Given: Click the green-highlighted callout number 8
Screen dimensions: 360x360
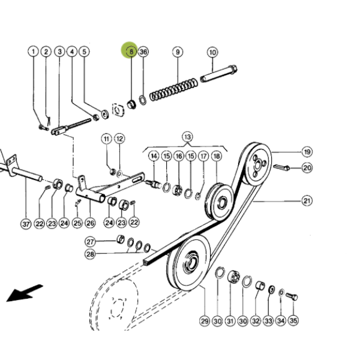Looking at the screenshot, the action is (x=131, y=52).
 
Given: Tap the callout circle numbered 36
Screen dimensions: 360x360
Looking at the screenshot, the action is (x=143, y=52).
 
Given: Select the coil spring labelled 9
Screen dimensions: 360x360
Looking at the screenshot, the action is (x=173, y=89).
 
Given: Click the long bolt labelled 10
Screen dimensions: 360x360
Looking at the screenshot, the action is (x=219, y=74).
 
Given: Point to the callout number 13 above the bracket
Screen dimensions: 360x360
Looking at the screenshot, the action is (x=188, y=137).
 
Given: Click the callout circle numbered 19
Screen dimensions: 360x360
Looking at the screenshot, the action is (x=307, y=152).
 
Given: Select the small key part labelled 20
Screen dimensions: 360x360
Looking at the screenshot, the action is (x=281, y=167).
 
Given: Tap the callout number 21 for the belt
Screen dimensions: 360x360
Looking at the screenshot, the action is (x=307, y=201).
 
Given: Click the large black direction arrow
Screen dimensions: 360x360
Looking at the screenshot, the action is (x=25, y=293).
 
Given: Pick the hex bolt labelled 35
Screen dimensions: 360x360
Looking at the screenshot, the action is (x=292, y=296).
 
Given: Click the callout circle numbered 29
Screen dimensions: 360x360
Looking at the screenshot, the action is (x=205, y=321).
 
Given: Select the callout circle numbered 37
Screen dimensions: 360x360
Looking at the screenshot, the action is (x=26, y=224).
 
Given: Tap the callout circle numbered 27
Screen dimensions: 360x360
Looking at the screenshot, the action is (x=90, y=242).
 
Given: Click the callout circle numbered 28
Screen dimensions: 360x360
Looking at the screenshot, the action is (x=90, y=254).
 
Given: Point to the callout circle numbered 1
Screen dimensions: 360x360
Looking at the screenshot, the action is (x=34, y=52).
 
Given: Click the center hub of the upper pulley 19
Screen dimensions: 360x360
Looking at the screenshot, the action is (x=258, y=165).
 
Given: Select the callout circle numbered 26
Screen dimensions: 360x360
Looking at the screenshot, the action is (x=90, y=223).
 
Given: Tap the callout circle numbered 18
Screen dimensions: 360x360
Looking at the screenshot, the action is (x=217, y=156).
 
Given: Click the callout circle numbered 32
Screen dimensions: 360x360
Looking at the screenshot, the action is (x=256, y=321).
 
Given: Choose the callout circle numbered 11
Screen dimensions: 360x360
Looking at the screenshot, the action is (x=107, y=139).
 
